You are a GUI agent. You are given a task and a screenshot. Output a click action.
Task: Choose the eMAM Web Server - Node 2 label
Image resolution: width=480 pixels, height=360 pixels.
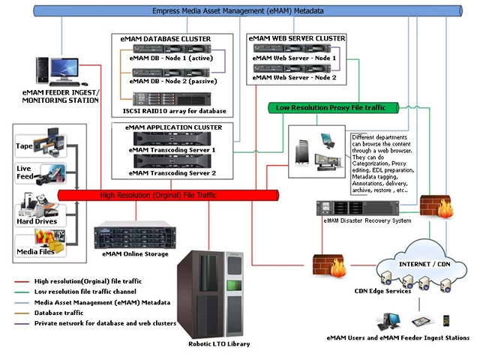[294, 77]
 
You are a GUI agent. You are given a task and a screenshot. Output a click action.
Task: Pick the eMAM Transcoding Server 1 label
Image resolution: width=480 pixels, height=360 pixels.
[172, 150]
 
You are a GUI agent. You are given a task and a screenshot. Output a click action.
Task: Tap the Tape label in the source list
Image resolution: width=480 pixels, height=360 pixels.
[25, 145]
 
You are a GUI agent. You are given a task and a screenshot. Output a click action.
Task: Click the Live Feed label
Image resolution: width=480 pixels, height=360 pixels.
[24, 174]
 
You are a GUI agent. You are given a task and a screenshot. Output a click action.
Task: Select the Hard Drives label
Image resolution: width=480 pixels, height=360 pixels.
[37, 221]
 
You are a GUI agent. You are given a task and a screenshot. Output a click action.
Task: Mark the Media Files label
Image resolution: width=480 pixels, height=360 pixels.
[35, 251]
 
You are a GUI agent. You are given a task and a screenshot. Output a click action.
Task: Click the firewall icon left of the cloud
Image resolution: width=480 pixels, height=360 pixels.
[328, 266]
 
